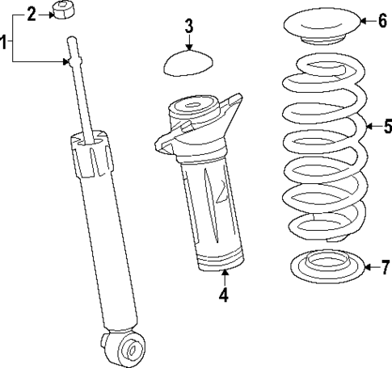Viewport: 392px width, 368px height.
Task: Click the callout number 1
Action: pos(6,40)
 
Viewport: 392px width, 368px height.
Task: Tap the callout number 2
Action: pos(32,13)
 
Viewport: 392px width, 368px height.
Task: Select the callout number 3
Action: pos(188,26)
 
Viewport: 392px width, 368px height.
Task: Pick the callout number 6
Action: pos(382,21)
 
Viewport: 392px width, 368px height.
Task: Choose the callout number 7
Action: pos(385,266)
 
